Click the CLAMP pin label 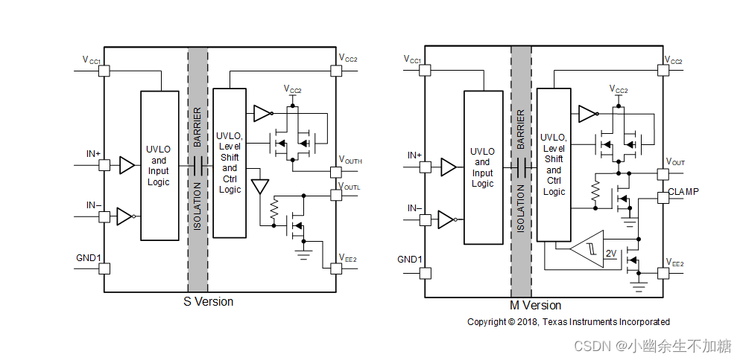tap(683, 192)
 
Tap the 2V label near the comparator tap(611, 254)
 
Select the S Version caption tap(209, 301)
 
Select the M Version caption tap(536, 306)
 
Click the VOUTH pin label tap(350, 160)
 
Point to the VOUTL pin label tap(350, 186)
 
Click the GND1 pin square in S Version tap(104, 269)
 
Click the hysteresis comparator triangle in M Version tap(587, 249)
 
